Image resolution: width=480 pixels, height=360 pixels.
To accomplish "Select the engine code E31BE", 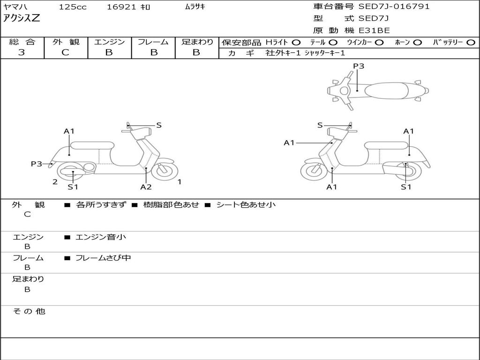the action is pos(374,30).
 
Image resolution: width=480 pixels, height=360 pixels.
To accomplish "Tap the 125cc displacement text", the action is pos(72,7).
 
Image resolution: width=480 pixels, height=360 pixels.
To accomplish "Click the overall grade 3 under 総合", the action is pos(22,52).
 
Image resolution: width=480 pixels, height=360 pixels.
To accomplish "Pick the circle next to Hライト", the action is pos(296,42).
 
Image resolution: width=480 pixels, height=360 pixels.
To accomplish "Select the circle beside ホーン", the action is pos(418,42).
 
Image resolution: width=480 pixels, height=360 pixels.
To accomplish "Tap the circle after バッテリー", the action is pos(471,42).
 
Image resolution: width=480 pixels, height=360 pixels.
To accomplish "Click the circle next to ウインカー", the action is pos(379,42).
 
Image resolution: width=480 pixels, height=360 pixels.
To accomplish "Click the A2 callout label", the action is pos(146,187).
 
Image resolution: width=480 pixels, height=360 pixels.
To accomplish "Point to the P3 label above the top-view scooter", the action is pos(359,66).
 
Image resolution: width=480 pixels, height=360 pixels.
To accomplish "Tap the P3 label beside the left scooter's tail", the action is pos(36,164).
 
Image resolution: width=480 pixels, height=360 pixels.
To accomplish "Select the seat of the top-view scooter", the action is pos(384,90).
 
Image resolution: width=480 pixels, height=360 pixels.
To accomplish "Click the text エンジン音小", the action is pos(101,237).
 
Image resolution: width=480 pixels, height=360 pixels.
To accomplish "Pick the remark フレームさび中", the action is pos(103,258).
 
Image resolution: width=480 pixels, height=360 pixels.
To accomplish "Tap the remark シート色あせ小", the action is pos(246,205).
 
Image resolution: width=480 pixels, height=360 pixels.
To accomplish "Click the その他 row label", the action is pos(29,311).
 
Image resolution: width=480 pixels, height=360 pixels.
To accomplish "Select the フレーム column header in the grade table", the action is pos(153,42).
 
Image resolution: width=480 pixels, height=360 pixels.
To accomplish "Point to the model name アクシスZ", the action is pos(22,19).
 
